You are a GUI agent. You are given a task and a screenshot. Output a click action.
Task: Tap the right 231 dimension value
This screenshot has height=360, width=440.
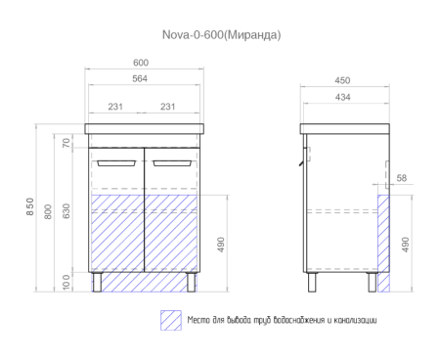coord(167,107)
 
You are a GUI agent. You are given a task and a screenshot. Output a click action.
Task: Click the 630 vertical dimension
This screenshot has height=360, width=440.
coord(66,210)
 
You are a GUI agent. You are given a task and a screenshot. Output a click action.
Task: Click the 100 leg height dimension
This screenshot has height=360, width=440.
coord(66,282)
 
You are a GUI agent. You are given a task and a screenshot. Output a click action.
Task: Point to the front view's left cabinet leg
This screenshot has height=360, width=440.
coord(101,282)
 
